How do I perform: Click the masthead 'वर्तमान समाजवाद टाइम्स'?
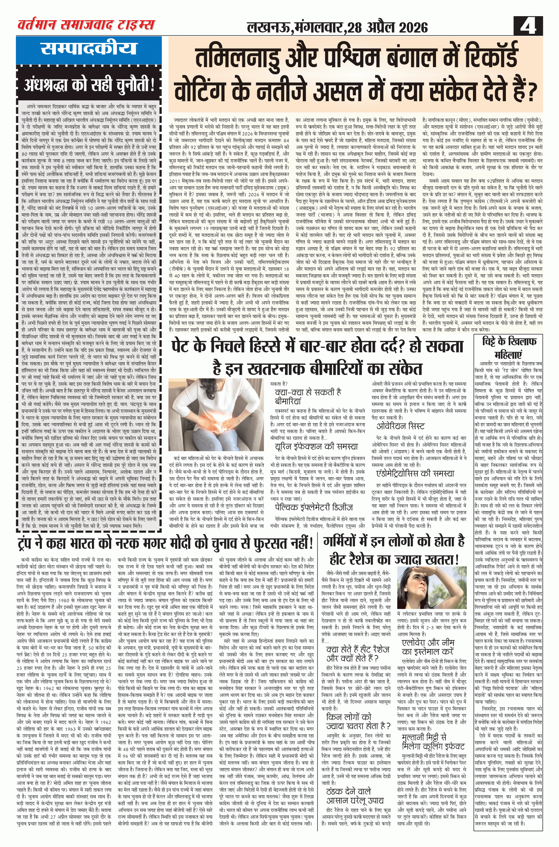tap(86, 25)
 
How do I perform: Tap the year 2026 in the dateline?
tap(408, 27)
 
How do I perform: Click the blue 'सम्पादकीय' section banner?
tap(89, 48)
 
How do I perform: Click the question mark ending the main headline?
tap(532, 91)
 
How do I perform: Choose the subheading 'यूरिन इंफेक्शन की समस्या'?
tap(316, 446)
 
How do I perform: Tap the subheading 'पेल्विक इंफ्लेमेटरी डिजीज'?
tap(314, 507)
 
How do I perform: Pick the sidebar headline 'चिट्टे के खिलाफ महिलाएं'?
tap(509, 348)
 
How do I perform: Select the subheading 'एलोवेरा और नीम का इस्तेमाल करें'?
tap(428, 647)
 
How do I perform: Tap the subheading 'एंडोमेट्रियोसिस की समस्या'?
tap(415, 474)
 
